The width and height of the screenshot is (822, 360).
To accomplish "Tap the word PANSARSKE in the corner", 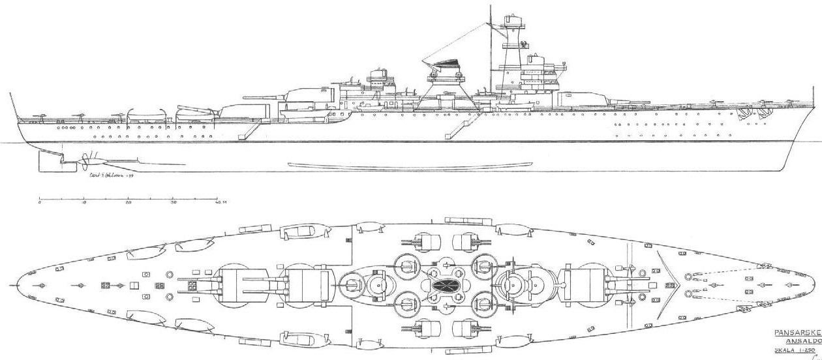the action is [797, 332].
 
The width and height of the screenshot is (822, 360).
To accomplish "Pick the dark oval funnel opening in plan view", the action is [444, 286].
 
